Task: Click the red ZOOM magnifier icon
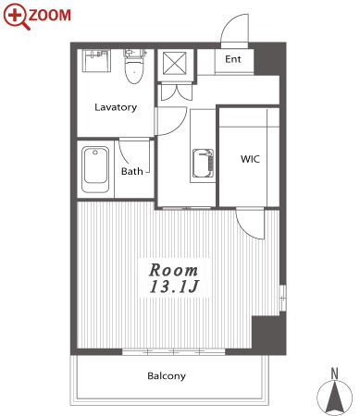16,17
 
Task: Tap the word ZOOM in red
50,16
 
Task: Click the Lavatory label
116,107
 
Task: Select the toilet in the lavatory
134,66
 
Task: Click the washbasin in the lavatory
96,61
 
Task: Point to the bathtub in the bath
95,169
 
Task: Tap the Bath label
132,171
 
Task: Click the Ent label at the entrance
233,59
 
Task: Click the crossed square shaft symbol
175,64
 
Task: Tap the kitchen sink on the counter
203,164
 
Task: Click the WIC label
250,159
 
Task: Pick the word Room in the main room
173,270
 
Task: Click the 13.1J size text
174,287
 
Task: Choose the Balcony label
167,376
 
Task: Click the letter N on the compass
334,373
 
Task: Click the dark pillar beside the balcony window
268,335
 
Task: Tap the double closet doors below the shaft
175,92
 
